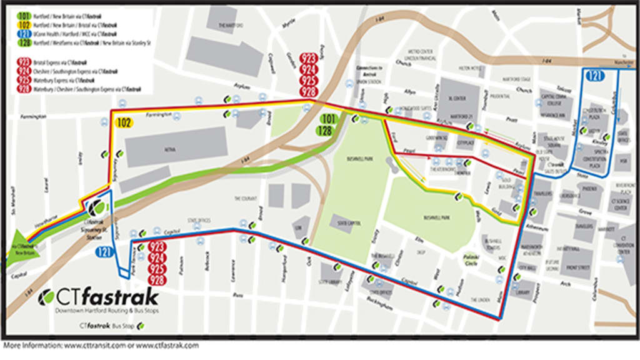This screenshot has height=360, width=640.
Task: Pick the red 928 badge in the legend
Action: tap(24, 89)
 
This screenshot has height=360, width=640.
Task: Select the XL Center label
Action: tap(459, 99)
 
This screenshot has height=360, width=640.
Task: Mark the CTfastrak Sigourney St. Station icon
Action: tap(96, 207)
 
